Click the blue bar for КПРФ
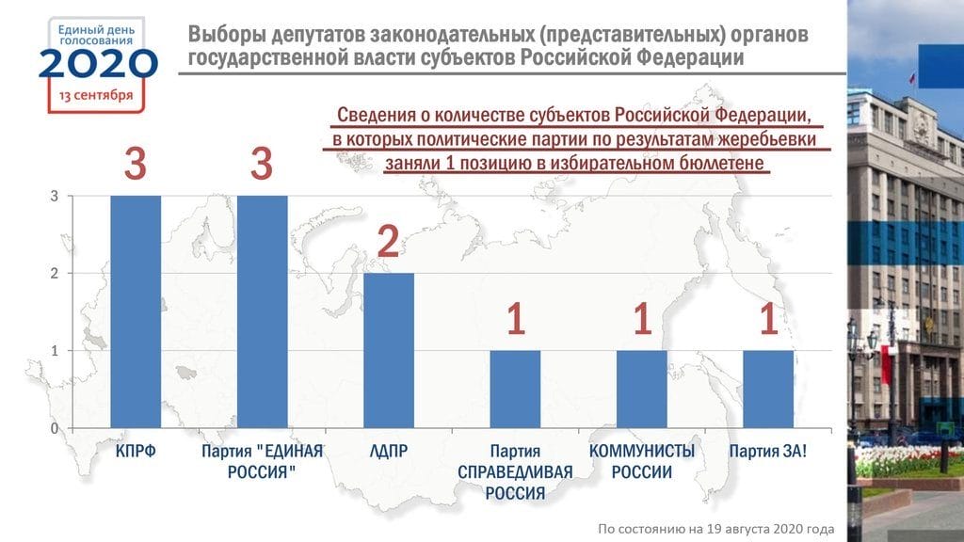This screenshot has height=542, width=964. point(136,311)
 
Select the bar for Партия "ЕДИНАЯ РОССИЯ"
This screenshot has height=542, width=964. point(262,311)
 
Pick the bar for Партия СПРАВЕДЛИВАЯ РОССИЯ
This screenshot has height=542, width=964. point(515,389)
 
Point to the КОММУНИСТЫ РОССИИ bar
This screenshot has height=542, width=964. point(641,389)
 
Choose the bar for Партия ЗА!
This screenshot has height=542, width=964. point(767,389)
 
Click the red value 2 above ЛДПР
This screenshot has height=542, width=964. point(388,242)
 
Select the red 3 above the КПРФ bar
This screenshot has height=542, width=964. point(136,165)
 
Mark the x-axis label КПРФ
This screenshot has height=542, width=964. point(136,452)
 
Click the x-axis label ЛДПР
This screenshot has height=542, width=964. point(388,452)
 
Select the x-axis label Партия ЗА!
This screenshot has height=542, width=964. point(767,452)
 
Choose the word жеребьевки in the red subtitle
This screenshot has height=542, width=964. point(769,140)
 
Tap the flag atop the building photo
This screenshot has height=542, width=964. point(912,79)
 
